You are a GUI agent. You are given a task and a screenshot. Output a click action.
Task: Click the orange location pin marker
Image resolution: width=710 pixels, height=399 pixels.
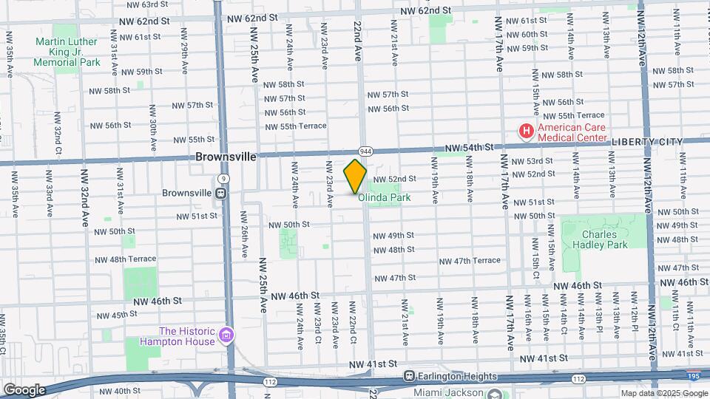point(355,177)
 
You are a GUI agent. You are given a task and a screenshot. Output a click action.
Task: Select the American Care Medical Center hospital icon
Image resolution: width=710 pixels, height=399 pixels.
point(526,132)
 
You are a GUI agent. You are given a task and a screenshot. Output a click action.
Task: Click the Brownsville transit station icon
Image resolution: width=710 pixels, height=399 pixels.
point(220,193)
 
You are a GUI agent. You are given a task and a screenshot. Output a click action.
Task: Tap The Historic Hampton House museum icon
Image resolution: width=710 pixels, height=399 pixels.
point(227,336)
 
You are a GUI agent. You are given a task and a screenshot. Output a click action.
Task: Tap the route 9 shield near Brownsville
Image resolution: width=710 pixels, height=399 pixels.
point(223,178)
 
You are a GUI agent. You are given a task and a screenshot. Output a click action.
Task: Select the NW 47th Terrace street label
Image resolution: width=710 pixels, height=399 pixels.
point(470,261)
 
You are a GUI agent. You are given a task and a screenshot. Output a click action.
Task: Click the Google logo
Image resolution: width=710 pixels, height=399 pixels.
point(24,389)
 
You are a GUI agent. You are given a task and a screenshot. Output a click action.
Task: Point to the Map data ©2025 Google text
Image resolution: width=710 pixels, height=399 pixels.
point(663,393)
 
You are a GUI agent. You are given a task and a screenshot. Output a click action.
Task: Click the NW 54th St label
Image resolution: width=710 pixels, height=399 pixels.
point(469,149)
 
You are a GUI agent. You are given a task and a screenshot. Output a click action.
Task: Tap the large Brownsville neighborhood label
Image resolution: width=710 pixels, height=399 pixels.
point(226,157)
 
